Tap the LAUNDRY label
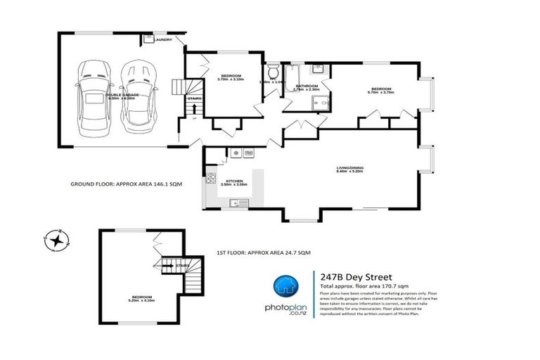(162, 39)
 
